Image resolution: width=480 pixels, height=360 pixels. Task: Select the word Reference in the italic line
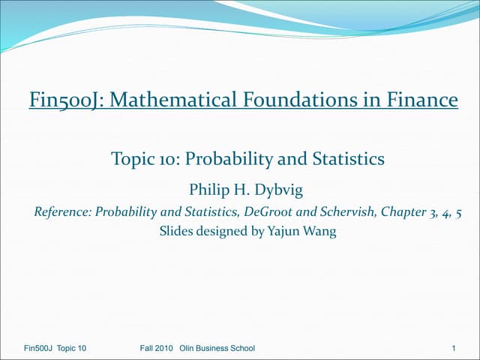(x=62, y=211)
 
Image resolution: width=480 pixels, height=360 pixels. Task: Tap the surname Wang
(x=320, y=232)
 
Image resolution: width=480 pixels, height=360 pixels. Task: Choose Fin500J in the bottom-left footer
(x=37, y=348)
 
